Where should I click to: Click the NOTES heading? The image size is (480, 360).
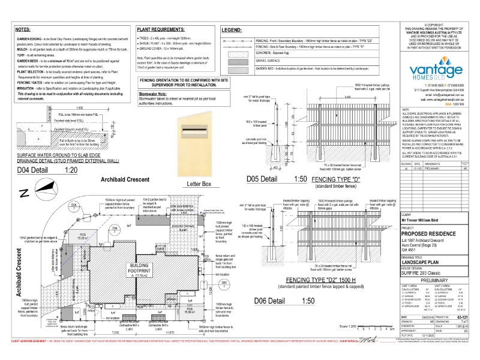22,29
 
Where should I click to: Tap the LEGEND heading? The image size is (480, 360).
232,29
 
